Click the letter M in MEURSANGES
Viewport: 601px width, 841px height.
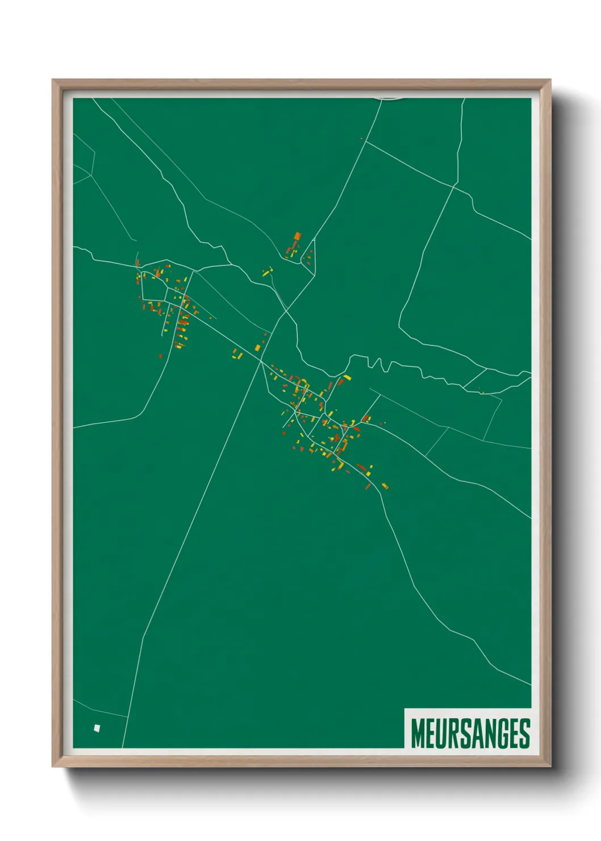coord(418,734)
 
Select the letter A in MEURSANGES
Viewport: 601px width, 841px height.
coord(474,734)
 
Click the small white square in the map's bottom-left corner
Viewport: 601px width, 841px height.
coord(97,728)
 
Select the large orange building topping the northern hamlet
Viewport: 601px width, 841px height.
coord(297,236)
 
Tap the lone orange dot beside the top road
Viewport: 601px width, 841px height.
coord(361,139)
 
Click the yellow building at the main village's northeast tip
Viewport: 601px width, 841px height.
coord(347,377)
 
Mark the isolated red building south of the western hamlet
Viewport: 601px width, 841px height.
coord(160,356)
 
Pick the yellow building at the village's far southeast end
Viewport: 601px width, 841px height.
coord(385,486)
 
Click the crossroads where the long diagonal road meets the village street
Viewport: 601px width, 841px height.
coord(261,360)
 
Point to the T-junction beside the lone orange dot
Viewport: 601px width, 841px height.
coord(365,141)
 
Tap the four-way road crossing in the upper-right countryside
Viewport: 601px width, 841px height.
coord(454,185)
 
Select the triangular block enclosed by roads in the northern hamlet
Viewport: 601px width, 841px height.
coord(308,259)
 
